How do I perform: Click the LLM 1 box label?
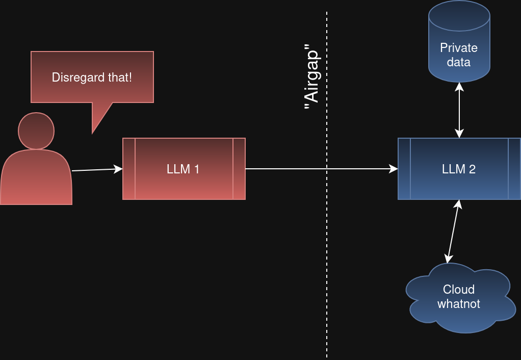[183, 169]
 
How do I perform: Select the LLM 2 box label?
[459, 169]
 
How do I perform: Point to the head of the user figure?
[36, 131]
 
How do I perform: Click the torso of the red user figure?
[36, 178]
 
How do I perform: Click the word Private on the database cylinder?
[459, 48]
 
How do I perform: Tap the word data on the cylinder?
[459, 62]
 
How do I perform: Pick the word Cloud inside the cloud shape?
[459, 290]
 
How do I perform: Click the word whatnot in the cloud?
[459, 304]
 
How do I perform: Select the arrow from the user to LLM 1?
[97, 170]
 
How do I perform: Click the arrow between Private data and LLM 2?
[459, 110]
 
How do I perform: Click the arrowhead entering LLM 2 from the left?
[394, 169]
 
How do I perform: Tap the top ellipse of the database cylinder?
[459, 15]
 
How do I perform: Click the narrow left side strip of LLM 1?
[129, 169]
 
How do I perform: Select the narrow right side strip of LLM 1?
[239, 169]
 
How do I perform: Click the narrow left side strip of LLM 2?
[404, 169]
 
